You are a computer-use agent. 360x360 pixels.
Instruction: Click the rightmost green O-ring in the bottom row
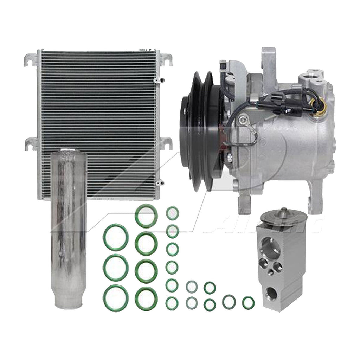[248, 302]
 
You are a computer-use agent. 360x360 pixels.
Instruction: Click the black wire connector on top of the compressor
[223, 67]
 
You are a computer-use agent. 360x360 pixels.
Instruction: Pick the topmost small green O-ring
[172, 213]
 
